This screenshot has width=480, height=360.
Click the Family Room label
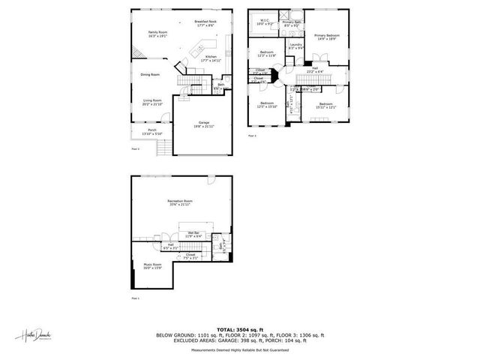click(157, 34)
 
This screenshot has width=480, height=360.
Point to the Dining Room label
click(150, 74)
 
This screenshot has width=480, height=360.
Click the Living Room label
click(153, 102)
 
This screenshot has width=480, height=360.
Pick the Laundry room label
click(295, 46)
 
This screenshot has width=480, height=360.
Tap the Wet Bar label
click(193, 235)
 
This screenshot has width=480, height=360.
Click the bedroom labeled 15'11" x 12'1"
click(325, 105)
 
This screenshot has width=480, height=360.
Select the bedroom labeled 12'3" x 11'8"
click(267, 54)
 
